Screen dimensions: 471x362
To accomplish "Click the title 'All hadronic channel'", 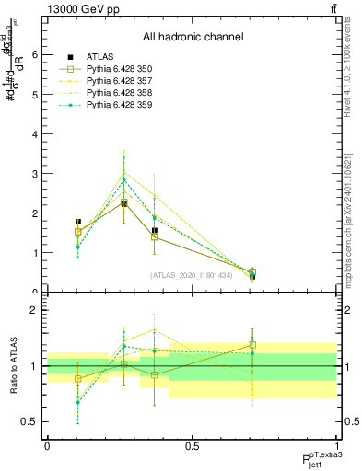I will tap(193, 38).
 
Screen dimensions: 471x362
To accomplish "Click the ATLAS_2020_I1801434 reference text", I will tap(193, 274).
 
